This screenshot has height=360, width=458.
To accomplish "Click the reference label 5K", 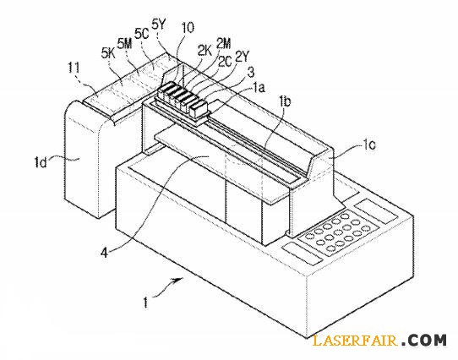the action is (108, 53).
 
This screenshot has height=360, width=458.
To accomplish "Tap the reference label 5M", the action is (124, 44).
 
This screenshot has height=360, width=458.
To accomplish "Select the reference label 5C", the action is (142, 34).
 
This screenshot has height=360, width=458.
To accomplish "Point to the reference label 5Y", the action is (159, 25).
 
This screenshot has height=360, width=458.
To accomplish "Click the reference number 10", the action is (188, 28).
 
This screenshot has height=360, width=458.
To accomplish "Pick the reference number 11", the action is (74, 68).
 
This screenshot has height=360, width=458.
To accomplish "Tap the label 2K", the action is (204, 51).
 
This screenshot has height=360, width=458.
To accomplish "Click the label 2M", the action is (223, 43).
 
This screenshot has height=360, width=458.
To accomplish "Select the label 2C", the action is (225, 62).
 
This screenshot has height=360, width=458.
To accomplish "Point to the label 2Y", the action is (242, 57).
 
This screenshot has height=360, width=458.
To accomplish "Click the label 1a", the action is (259, 87).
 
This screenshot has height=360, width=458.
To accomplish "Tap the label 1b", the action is (285, 101).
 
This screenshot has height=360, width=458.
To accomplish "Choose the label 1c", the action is (369, 145).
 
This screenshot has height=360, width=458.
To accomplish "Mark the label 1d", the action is (41, 162).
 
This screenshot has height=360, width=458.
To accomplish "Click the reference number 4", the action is (105, 252).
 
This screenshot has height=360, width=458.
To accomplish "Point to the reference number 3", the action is (251, 72).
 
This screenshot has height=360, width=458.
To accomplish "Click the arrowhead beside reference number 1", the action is (179, 280).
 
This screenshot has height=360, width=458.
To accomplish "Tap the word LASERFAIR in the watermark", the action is (355, 341).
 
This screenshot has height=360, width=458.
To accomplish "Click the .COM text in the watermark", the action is (424, 340).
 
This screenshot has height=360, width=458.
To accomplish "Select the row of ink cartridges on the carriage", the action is (183, 99).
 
